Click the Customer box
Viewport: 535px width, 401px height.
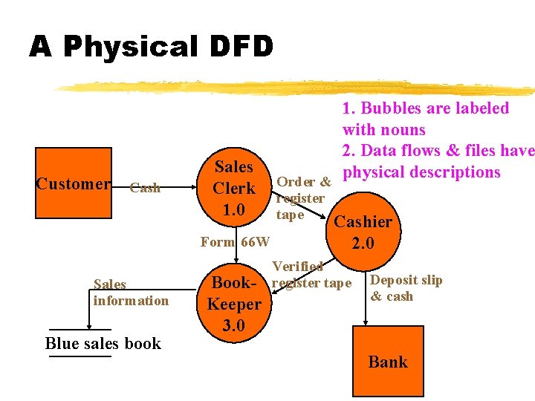74,183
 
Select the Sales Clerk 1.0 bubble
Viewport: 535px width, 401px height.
233,189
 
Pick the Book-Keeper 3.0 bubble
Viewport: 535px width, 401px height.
233,304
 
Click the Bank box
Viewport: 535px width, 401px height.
387,362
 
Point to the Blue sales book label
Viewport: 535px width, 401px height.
103,343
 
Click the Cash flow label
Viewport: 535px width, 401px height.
145,188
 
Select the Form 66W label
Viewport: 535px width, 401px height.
236,242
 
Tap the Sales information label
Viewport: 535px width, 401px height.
131,293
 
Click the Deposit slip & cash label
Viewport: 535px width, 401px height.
406,288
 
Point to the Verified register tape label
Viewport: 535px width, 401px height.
311,275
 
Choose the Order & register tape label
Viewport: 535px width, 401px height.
302,198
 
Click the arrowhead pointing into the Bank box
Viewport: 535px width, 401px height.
365,322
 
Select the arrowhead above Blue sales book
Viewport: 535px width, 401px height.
89,325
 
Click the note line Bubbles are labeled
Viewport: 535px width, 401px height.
425,108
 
